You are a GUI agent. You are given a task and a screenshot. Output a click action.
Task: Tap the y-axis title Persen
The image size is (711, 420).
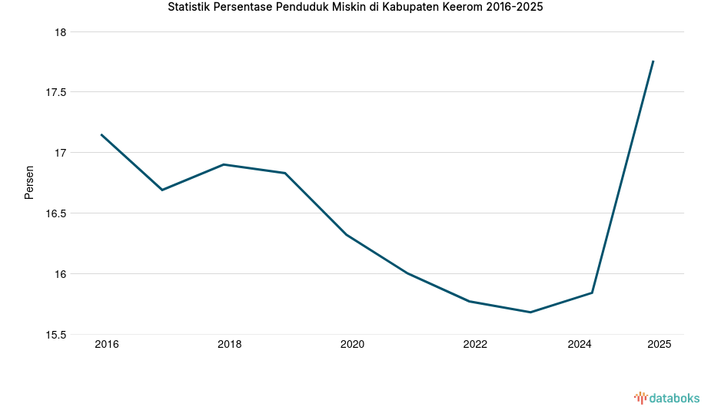(29, 182)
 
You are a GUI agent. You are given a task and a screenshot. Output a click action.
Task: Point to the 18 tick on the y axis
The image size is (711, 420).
(61, 32)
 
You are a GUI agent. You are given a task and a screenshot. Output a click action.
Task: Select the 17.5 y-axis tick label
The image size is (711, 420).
(56, 92)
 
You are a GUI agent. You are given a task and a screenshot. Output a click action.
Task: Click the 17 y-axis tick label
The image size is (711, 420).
(61, 153)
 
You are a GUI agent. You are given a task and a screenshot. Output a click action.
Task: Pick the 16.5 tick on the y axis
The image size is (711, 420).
(56, 213)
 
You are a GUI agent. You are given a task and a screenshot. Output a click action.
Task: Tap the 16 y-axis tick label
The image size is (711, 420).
(61, 274)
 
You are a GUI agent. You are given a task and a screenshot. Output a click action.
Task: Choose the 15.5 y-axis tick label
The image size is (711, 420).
(56, 335)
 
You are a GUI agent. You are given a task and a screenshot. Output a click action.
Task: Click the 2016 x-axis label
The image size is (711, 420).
(107, 345)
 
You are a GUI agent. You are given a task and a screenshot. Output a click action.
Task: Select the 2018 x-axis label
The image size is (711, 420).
(229, 345)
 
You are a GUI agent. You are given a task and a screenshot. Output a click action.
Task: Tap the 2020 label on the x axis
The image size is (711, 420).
(352, 345)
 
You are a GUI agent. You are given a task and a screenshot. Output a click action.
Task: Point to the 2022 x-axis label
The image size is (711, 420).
(475, 345)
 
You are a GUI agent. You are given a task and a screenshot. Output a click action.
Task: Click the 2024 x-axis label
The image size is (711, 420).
(580, 345)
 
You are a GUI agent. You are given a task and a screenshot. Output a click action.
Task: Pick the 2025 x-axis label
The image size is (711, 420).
(659, 345)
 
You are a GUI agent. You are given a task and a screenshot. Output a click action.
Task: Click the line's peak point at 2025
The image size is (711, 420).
(653, 61)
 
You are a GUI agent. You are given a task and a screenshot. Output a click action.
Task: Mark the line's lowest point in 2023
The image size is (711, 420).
(530, 313)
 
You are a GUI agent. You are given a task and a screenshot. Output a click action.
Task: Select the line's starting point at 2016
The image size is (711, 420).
(101, 134)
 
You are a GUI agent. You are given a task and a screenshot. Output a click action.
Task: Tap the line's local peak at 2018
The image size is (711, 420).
(223, 164)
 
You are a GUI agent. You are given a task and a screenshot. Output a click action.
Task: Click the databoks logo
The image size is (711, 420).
(666, 398)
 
